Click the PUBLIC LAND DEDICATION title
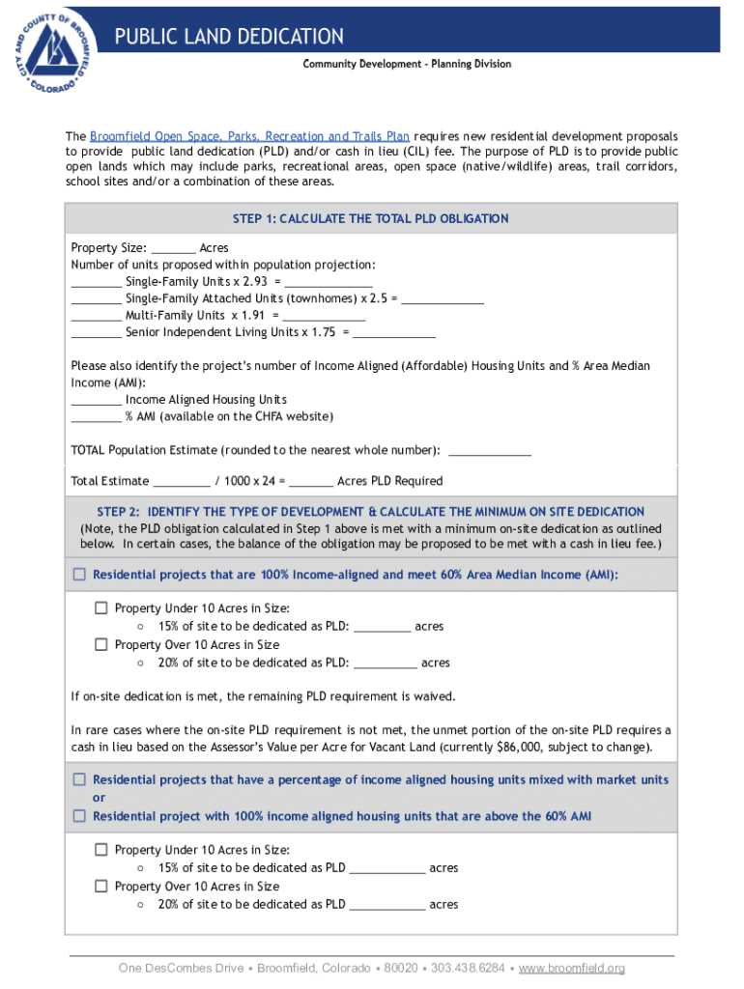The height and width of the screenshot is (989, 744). pos(229,37)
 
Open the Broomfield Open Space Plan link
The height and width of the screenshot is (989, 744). pos(249,136)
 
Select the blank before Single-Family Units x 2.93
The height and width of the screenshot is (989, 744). pos(96,283)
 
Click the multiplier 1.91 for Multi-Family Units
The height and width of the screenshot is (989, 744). pos(252,316)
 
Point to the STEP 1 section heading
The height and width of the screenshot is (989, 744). pos(371,219)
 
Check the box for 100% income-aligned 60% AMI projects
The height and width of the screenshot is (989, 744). pos(79,575)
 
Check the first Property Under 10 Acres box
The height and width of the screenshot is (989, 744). pos(101,608)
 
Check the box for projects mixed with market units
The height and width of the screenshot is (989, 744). pos(79,779)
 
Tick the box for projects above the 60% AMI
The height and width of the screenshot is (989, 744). pos(79,816)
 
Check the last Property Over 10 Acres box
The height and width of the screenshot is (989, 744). pos(101,886)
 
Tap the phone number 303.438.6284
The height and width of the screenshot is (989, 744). pos(469,968)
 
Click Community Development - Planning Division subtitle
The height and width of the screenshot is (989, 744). pos(407,64)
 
